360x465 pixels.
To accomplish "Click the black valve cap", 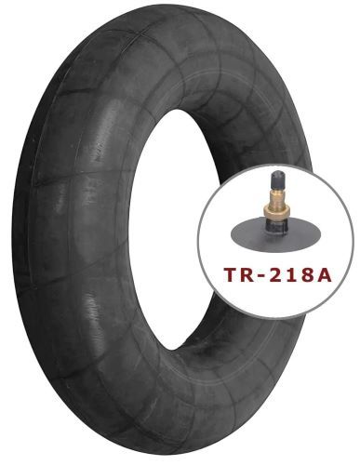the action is coord(273,179).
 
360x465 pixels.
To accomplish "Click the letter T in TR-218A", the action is coord(232,274).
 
